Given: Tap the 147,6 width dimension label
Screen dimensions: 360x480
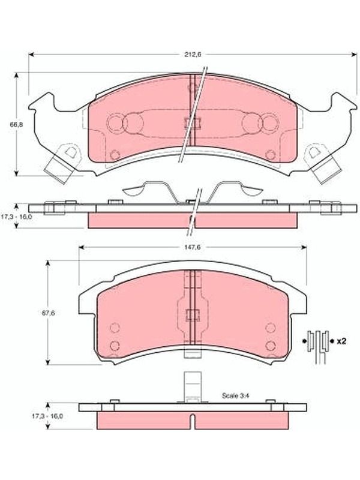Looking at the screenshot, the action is coord(192,247).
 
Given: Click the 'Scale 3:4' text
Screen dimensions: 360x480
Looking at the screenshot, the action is coord(236,395).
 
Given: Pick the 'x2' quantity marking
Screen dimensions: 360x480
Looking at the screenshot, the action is coord(341,341).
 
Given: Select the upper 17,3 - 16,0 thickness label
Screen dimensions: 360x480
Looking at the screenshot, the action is coord(16,216).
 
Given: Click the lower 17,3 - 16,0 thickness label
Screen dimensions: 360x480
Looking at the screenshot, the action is coord(47,416).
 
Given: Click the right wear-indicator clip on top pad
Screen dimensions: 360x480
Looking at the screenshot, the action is coord(324,163).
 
